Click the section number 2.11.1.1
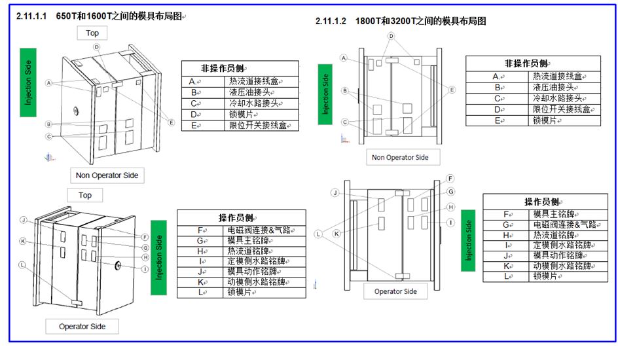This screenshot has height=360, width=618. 31,16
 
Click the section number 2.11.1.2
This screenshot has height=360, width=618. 331,21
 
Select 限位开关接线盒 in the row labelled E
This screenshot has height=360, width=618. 258,126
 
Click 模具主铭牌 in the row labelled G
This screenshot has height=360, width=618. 248,241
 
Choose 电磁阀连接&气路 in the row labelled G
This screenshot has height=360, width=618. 564,225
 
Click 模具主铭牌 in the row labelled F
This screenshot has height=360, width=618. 554,214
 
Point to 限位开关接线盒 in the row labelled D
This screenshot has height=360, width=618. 561,109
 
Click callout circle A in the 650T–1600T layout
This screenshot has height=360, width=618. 49,83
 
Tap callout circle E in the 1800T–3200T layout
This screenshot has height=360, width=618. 452,90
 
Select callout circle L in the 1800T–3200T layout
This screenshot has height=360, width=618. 318,234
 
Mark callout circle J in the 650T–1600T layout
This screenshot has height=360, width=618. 24,220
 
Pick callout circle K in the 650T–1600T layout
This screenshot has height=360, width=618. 23,241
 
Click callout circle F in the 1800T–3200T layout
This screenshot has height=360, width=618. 450,179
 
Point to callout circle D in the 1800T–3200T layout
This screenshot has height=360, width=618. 391,36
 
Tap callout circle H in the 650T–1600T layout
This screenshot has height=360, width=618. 145,257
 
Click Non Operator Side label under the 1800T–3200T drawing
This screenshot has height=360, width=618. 400,158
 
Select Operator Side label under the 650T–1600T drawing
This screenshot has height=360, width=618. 82,327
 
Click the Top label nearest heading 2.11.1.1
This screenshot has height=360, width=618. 92,33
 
